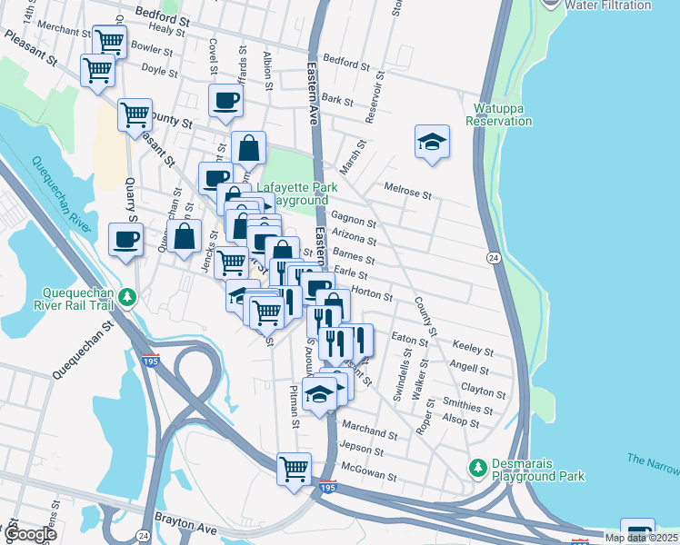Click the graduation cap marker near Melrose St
click(433, 142)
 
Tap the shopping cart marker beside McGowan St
click(295, 470)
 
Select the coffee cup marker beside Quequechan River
click(125, 240)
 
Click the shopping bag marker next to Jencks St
click(185, 236)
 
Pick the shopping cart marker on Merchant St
click(109, 41)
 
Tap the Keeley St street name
click(473, 351)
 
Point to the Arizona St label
click(355, 239)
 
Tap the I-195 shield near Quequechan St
click(151, 362)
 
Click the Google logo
click(31, 535)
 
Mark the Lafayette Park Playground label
click(296, 193)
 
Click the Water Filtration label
click(608, 5)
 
